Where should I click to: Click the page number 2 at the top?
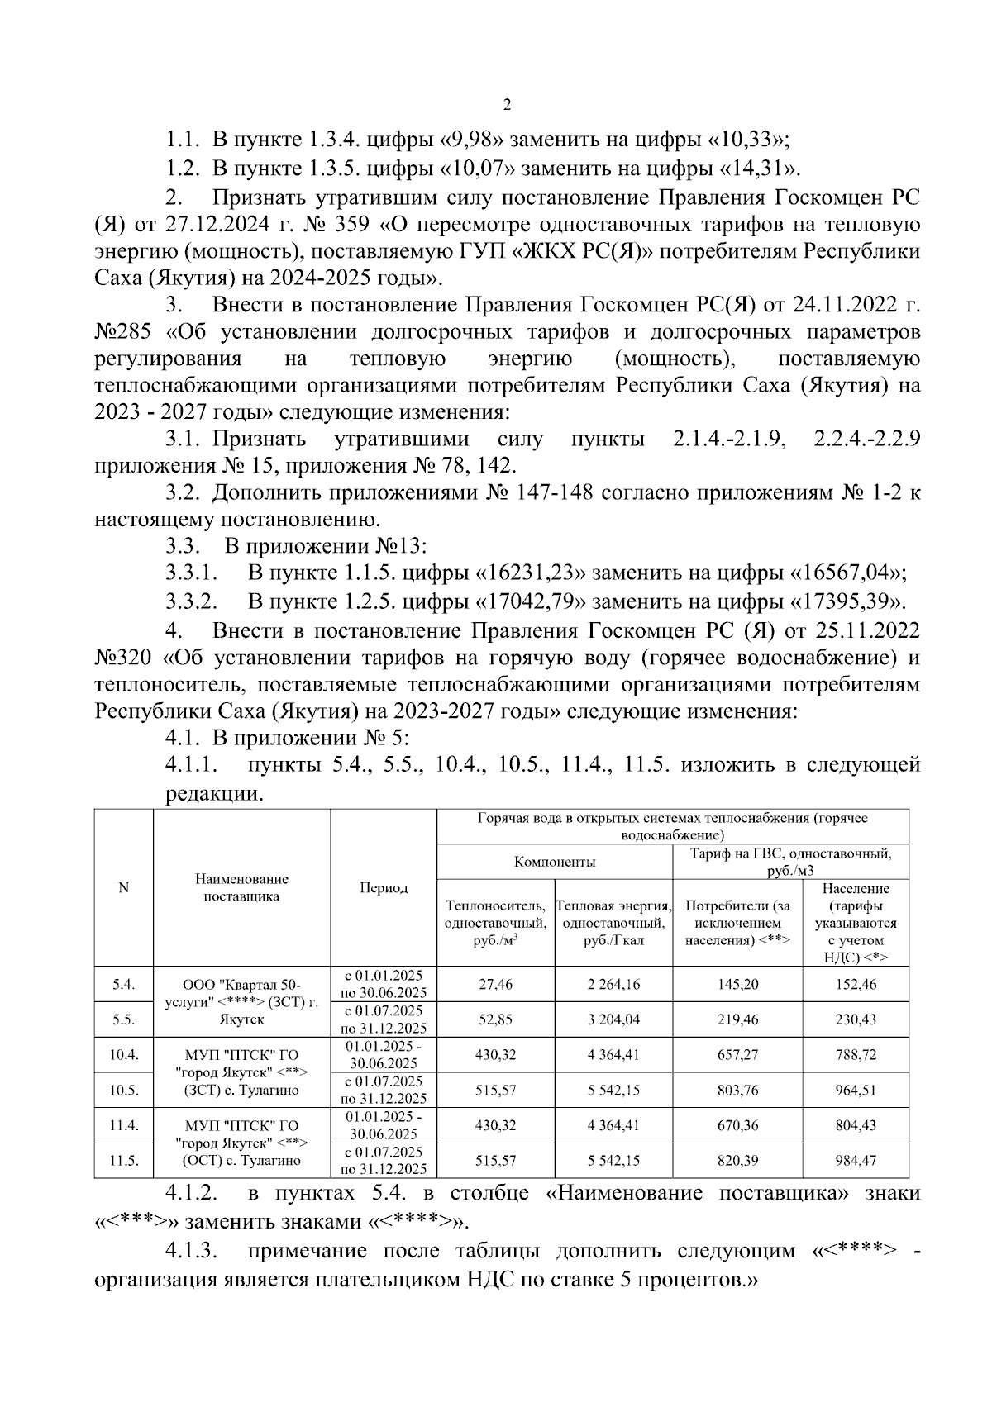(x=507, y=105)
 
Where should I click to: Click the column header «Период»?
(x=384, y=887)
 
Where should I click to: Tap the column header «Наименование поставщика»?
(x=241, y=887)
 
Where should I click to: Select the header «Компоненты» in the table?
(x=554, y=862)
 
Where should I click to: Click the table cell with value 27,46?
(x=495, y=984)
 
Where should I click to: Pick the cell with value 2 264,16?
(x=613, y=984)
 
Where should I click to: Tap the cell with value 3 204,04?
(x=613, y=1019)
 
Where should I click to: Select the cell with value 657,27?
(x=737, y=1055)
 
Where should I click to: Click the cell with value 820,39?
(x=737, y=1161)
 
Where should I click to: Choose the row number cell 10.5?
(x=123, y=1090)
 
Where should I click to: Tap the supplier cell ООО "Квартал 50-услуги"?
(x=241, y=1001)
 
